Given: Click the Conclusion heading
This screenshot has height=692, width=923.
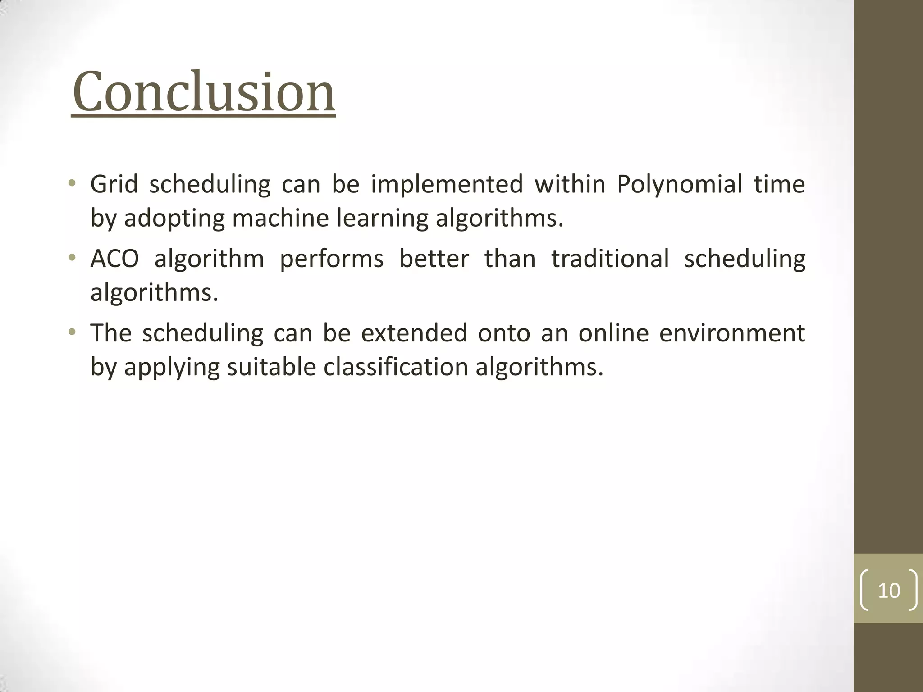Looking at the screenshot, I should [203, 93].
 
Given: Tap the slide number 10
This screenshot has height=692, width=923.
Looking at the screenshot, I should [889, 591].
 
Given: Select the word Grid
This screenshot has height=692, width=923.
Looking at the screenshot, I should [114, 184].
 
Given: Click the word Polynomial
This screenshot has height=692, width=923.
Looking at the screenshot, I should [679, 184].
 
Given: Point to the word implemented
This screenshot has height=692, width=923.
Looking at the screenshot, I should [447, 184].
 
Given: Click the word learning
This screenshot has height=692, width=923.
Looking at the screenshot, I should [382, 219].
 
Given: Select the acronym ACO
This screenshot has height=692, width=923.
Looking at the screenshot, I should [114, 259].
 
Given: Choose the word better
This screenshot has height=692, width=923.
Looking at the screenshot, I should [434, 259].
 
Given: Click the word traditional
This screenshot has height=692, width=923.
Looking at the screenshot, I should [610, 259].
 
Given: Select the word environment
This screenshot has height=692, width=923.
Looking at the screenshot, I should [732, 333].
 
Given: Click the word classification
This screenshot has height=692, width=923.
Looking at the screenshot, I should [396, 367].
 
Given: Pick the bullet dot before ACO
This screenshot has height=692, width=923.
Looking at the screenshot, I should [72, 258].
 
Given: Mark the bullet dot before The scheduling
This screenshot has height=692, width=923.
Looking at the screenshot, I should [72, 332].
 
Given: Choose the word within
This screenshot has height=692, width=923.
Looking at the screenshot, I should [570, 184].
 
